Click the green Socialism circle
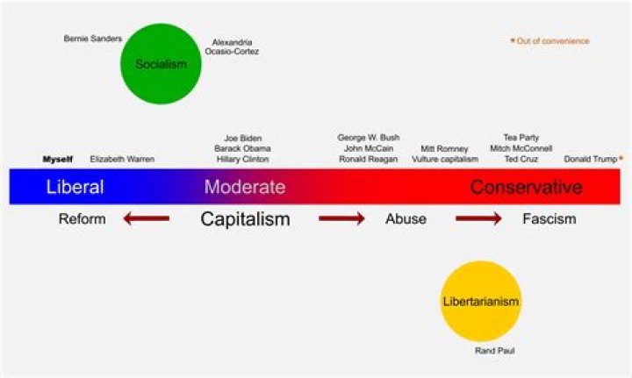(x=161, y=64)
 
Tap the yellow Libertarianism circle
(x=481, y=301)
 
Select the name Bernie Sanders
(x=93, y=39)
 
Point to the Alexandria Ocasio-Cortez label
(x=232, y=46)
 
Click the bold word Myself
(x=58, y=160)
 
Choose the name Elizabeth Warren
(x=122, y=159)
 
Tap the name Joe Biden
(x=242, y=138)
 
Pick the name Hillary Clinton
(x=242, y=159)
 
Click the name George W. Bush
(x=369, y=138)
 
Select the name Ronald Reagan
(x=369, y=159)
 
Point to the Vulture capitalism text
(x=445, y=159)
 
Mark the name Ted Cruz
(x=521, y=159)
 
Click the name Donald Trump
(x=591, y=159)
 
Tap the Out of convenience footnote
(x=549, y=40)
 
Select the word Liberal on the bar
(x=75, y=187)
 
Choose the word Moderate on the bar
(x=245, y=187)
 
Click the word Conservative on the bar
(x=527, y=187)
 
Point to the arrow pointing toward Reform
(x=147, y=218)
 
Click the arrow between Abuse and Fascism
(x=479, y=218)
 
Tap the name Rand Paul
(x=495, y=351)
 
